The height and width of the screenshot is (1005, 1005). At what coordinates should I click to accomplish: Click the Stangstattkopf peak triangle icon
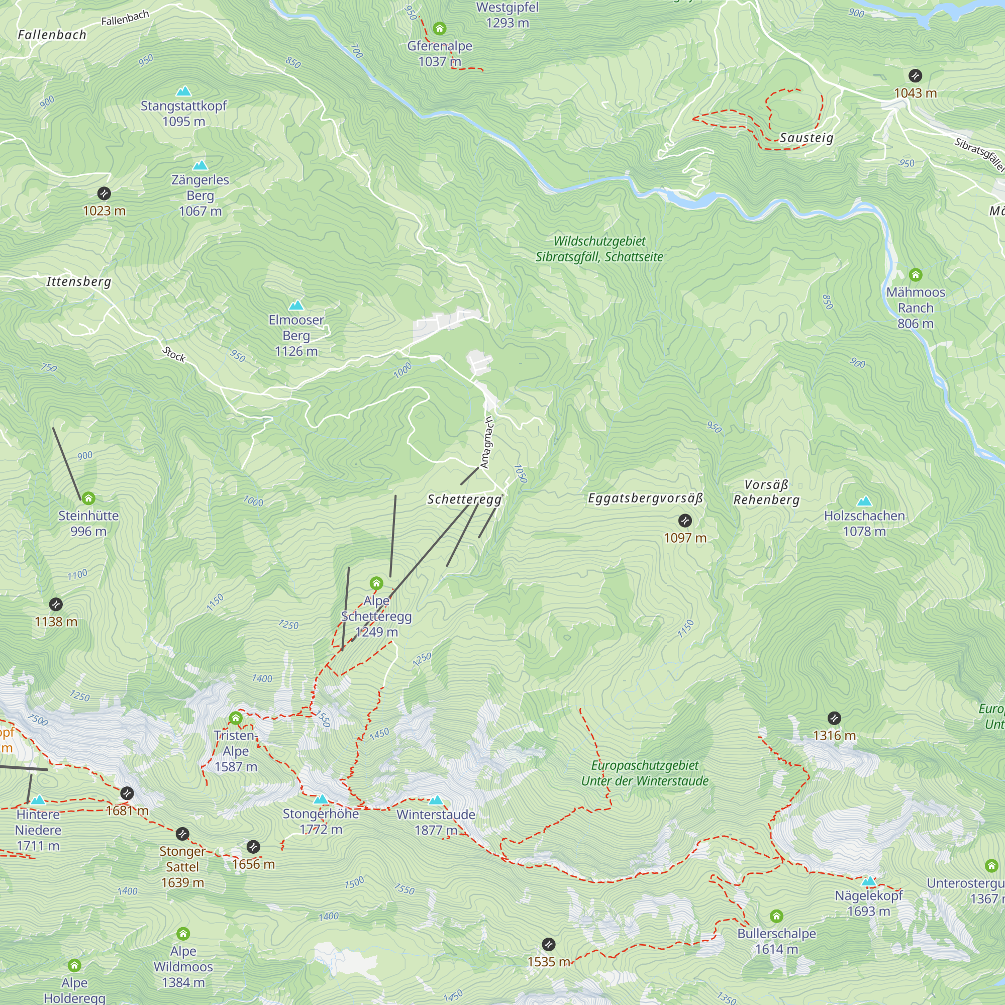(183, 92)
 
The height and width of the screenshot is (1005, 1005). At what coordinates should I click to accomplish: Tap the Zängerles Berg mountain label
(200, 195)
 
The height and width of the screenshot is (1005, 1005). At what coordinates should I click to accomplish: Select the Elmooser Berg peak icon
(296, 306)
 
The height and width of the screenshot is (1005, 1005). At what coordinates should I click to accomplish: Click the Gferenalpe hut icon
(440, 28)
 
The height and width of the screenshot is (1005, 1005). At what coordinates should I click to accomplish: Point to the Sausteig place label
(807, 138)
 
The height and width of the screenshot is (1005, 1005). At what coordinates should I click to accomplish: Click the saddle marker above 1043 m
(915, 75)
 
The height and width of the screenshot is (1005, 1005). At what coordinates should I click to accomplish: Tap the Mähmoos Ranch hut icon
(916, 275)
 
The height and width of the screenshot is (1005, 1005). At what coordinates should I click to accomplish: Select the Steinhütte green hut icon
(88, 498)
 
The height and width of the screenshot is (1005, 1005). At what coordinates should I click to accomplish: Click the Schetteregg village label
(464, 499)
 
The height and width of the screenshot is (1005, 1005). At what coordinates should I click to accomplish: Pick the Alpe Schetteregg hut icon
(376, 583)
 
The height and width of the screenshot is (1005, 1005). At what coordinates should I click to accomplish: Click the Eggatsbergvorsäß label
(645, 498)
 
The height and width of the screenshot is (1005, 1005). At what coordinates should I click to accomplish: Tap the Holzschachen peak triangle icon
(864, 501)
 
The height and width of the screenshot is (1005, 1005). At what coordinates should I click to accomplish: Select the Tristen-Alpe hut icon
(236, 719)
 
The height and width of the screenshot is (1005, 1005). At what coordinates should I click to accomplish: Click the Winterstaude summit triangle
(436, 800)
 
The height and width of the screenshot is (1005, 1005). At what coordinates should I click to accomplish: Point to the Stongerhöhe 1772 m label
(321, 822)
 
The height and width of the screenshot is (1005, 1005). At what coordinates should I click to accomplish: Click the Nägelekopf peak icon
(869, 881)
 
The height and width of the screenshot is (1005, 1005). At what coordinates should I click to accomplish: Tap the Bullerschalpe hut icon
(776, 916)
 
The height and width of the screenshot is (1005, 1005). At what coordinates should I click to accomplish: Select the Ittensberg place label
(78, 281)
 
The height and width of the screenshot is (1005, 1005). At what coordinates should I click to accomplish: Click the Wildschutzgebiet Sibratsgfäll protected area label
(599, 249)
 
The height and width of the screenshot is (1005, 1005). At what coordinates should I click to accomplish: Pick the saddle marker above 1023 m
(104, 193)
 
